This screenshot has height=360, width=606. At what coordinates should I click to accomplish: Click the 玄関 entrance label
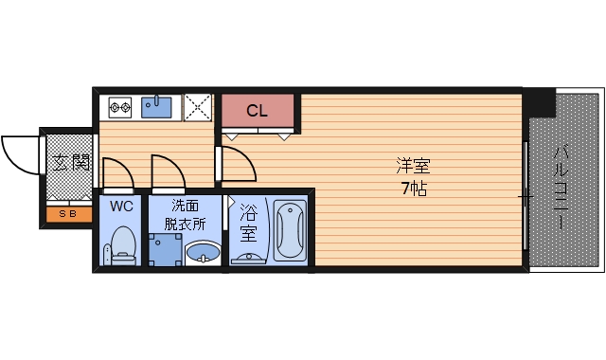tap(68, 162)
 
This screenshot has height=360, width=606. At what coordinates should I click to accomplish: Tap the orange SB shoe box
tap(69, 214)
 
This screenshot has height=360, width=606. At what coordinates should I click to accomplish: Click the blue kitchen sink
tap(157, 107)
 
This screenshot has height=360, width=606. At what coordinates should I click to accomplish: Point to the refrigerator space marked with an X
tap(198, 107)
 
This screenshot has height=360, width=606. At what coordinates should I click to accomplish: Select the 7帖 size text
tap(413, 188)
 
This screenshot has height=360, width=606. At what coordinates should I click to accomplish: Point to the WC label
tap(120, 206)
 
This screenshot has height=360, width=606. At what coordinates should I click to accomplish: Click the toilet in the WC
tap(122, 245)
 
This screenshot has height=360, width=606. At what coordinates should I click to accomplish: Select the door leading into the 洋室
tap(237, 163)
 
